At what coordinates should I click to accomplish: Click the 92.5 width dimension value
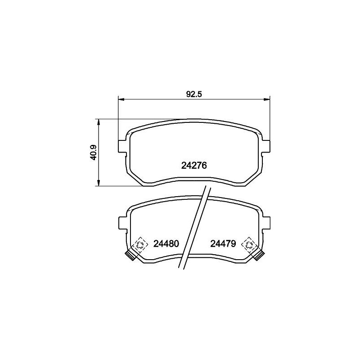[x=194, y=94]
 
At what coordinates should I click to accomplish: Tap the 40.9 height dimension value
[x=94, y=153]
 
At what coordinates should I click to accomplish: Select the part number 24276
[x=194, y=166]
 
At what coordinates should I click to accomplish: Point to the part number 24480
[x=166, y=243]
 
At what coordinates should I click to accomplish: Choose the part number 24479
[x=223, y=243]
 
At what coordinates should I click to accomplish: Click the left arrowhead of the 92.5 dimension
[x=121, y=99]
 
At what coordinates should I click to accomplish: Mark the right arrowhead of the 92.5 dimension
[x=267, y=99]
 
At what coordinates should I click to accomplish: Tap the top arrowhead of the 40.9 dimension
[x=99, y=122]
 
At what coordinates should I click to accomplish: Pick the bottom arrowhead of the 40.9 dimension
[x=99, y=183]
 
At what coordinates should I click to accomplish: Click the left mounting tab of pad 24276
[x=121, y=146]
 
